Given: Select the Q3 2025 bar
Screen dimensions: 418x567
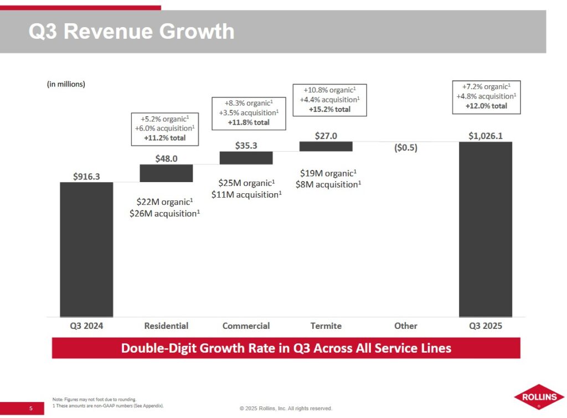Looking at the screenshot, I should click(x=486, y=229).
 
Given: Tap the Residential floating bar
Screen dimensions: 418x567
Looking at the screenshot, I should click(x=166, y=173).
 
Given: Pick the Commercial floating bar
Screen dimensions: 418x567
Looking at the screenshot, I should click(x=246, y=158).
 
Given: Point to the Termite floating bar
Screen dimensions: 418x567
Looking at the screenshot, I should click(x=326, y=146).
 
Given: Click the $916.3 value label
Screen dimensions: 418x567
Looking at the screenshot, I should click(x=87, y=176).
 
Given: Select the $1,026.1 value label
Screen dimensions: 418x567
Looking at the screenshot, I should click(x=486, y=136).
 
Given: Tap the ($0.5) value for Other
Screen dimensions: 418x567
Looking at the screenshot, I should click(x=405, y=148).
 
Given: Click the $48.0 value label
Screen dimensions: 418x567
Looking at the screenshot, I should click(x=166, y=158).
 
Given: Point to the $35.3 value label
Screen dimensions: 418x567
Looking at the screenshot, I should click(x=246, y=145).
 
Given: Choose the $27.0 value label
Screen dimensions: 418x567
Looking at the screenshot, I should click(x=326, y=135).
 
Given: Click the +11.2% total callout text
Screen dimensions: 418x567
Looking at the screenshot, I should click(x=164, y=138).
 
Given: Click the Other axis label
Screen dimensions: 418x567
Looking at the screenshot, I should click(x=405, y=326).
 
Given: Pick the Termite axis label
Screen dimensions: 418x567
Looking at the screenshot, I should click(x=326, y=326).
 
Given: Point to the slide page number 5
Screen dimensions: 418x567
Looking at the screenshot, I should click(x=31, y=409).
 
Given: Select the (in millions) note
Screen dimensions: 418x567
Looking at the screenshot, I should click(x=65, y=84).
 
